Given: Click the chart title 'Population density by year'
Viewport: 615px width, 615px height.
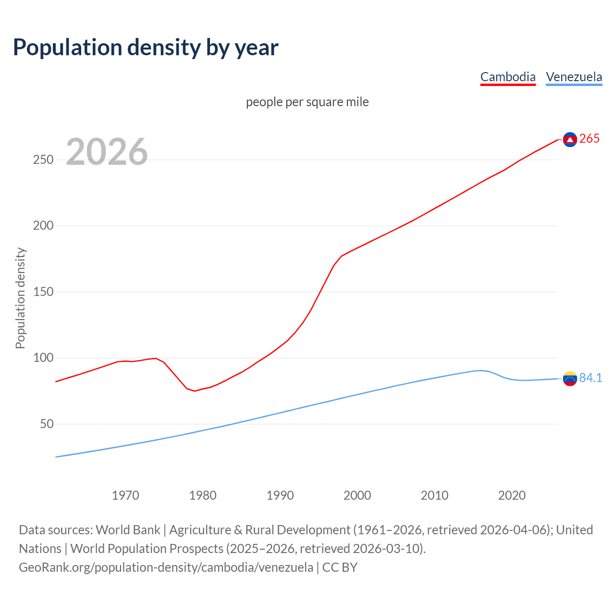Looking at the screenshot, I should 146,48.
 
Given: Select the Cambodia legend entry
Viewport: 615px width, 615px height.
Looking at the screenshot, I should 508,77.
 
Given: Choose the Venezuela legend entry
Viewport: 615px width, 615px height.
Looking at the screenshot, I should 574,77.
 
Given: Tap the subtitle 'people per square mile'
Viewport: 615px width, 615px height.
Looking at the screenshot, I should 307,102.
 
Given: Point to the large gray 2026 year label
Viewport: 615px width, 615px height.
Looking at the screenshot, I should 107,152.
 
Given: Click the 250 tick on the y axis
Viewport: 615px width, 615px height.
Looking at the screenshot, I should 43,160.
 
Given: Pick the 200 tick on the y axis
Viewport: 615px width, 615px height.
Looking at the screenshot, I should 43,226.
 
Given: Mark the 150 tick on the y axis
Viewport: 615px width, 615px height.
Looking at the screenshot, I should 43,292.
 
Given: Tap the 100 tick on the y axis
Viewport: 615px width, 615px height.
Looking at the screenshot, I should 43,358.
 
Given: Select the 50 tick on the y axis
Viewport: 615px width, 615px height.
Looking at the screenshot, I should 46,424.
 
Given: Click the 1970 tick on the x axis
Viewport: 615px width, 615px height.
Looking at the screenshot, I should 125,495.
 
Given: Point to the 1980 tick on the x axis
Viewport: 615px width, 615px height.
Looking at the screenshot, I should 203,495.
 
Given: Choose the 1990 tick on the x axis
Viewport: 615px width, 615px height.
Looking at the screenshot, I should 280,495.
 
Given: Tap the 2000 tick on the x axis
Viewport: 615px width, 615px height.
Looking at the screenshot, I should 357,495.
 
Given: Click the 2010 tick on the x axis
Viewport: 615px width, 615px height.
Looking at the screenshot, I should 434,495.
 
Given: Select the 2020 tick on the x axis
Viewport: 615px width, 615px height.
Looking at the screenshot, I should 512,495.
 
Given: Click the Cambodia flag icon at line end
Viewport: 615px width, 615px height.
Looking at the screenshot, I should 570,139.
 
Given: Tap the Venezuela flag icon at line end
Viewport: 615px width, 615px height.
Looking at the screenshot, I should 570,379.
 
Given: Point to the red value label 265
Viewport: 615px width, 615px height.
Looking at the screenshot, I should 590,139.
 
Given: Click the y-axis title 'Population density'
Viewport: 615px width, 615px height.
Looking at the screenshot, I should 20,298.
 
